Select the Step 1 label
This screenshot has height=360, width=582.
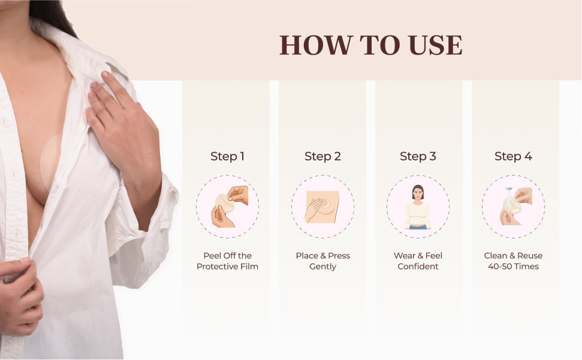227,156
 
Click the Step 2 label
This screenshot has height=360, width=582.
322,156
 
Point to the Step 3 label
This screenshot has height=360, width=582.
418,156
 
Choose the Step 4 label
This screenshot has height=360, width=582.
513,156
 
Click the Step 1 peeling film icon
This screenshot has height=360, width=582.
228,207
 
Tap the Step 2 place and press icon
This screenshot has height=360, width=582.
322,207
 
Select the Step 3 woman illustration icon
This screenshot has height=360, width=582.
418,207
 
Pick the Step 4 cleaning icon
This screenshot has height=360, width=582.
513,207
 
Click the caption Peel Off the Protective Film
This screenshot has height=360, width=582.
227,261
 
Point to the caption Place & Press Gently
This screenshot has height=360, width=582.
322,261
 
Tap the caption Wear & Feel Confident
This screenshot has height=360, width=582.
418,261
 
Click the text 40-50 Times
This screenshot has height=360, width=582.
513,267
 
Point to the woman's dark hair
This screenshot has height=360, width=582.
51,15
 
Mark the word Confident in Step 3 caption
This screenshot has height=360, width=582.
418,267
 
